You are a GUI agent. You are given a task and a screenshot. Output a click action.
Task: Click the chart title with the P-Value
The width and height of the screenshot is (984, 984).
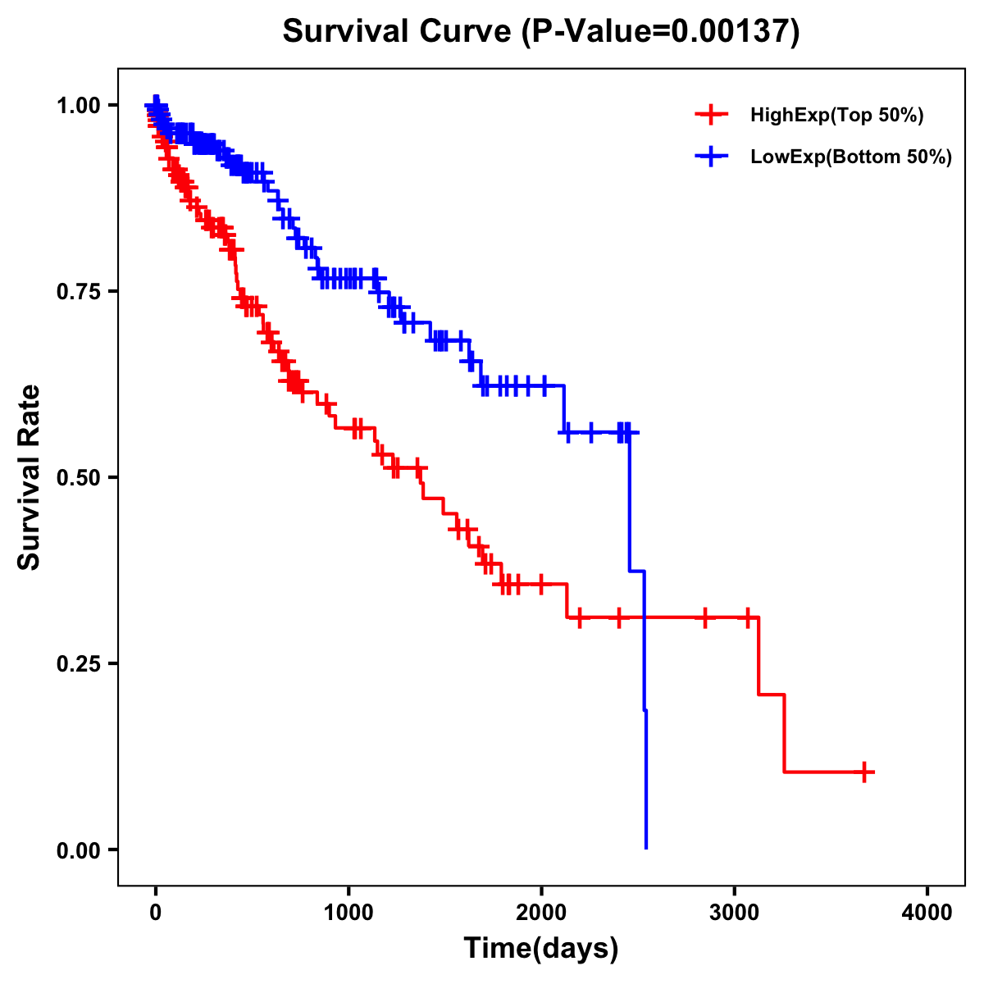coord(540,31)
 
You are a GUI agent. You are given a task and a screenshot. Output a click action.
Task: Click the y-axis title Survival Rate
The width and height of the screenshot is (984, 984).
coord(30,476)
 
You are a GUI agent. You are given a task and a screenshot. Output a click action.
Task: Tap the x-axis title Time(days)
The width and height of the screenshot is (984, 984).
coord(540,949)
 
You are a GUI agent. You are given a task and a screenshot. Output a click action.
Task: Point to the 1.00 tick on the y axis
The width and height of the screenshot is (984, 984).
coord(78,105)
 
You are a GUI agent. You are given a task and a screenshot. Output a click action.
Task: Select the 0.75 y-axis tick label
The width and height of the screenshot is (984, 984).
coord(78,291)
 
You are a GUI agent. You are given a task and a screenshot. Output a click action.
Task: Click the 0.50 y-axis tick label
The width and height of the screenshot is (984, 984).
coord(78,477)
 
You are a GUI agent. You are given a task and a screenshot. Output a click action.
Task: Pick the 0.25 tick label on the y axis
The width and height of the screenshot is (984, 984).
coord(78,663)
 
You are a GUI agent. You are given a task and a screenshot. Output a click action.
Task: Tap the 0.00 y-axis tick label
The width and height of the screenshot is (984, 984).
coord(78,850)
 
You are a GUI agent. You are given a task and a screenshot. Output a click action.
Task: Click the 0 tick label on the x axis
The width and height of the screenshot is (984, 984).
coord(155,913)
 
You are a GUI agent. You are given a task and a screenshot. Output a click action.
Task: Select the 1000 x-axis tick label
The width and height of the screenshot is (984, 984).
coord(348,913)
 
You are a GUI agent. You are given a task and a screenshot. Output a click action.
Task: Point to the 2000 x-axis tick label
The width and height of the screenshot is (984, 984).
coord(541,913)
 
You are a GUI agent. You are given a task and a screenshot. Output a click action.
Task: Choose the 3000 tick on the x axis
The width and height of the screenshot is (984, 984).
coord(735,913)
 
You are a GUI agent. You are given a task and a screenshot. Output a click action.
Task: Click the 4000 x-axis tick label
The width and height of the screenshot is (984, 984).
coord(927,913)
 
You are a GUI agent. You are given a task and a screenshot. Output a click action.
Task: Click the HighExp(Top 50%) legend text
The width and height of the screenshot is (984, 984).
coord(837,116)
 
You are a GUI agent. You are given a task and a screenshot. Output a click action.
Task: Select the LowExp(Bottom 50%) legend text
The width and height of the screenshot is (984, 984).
coord(851,157)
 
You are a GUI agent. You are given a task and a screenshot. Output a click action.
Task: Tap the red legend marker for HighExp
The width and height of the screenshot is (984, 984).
coord(711,115)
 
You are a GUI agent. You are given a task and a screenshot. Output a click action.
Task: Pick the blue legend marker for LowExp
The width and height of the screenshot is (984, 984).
coord(711,157)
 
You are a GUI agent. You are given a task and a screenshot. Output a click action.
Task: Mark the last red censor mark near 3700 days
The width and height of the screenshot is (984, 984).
coord(864,772)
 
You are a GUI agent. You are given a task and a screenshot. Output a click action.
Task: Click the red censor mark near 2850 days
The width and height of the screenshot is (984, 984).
coord(704,617)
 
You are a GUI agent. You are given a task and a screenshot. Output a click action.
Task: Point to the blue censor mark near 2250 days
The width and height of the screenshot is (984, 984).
coord(590,431)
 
